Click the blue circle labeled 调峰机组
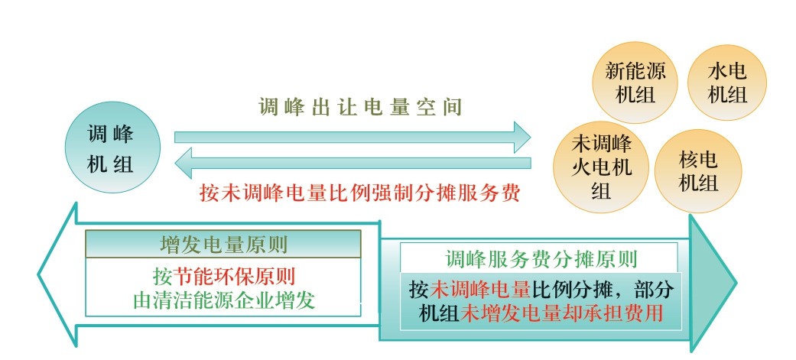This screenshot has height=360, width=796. pyautogui.click(x=112, y=148)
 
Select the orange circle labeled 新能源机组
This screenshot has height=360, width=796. pyautogui.click(x=635, y=83)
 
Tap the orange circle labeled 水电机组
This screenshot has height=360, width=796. pyautogui.click(x=727, y=83)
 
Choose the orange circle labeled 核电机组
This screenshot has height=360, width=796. pyautogui.click(x=698, y=171)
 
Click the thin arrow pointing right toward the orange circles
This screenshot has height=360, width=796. pyautogui.click(x=353, y=137)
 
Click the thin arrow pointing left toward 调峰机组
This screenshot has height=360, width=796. pyautogui.click(x=353, y=163)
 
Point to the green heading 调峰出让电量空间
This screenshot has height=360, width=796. pyautogui.click(x=360, y=107)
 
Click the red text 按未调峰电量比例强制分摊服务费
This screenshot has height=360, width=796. pyautogui.click(x=360, y=193)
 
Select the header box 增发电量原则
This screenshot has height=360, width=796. pyautogui.click(x=223, y=245)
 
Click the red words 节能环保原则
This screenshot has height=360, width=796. pyautogui.click(x=235, y=277)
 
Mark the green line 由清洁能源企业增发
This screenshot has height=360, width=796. pyautogui.click(x=224, y=300)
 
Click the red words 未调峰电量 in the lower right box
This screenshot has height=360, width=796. pyautogui.click(x=479, y=290)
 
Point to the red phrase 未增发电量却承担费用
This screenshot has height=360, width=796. pyautogui.click(x=561, y=313)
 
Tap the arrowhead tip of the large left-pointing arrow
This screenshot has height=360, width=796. pyautogui.click(x=38, y=274)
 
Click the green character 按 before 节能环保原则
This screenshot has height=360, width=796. pyautogui.click(x=163, y=277)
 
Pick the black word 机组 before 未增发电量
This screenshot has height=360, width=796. pyautogui.click(x=439, y=313)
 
